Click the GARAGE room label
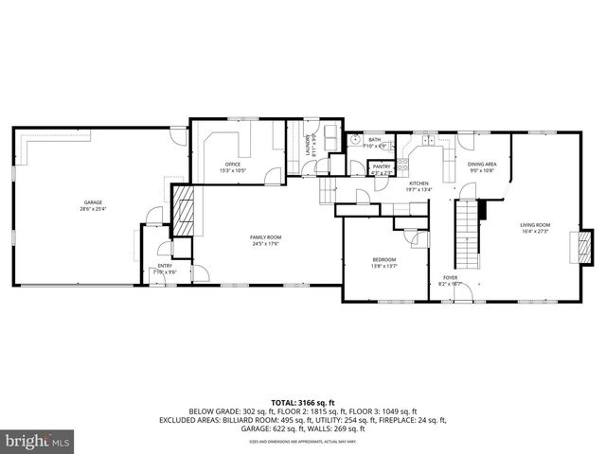click(x=92, y=202)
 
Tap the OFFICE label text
click(x=232, y=165)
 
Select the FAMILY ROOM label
click(x=265, y=237)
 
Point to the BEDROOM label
click(x=383, y=260)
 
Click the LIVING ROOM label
click(x=535, y=225)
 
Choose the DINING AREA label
click(x=482, y=165)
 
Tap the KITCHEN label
click(x=419, y=183)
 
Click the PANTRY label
click(x=382, y=167)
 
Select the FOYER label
click(x=450, y=278)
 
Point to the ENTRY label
click(x=166, y=267)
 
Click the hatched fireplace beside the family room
click(x=185, y=209)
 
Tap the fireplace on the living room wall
click(x=584, y=246)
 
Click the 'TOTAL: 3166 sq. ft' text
click(x=303, y=403)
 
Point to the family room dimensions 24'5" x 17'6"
click(x=265, y=244)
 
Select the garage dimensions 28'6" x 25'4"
click(x=92, y=209)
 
